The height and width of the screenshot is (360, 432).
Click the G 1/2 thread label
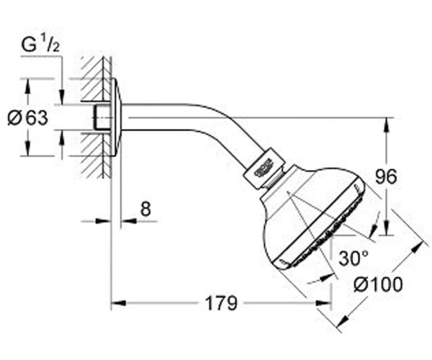(x=40, y=45)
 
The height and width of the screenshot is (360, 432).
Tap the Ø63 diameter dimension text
(x=27, y=118)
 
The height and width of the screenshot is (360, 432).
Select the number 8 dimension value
(x=145, y=209)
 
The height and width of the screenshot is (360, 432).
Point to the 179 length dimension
(x=221, y=303)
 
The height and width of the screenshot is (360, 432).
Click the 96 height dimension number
(x=386, y=176)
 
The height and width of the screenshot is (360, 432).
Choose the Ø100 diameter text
(x=378, y=284)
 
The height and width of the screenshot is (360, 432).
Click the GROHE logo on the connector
(x=264, y=168)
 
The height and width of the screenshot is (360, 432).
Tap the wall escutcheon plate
(x=116, y=117)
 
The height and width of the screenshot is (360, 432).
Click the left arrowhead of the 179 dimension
(x=119, y=303)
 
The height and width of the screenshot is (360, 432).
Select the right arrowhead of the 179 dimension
(x=323, y=303)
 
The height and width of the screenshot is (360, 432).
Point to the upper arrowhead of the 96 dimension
(x=387, y=125)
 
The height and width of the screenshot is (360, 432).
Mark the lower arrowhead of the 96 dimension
(x=387, y=228)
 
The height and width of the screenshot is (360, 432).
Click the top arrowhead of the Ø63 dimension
(x=27, y=86)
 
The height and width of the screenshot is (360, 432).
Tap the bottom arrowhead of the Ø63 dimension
(x=27, y=148)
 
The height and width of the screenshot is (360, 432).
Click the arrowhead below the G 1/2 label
(x=62, y=96)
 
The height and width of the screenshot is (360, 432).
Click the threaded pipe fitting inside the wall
(x=102, y=117)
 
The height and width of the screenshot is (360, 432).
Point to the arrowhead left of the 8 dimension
(x=103, y=220)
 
